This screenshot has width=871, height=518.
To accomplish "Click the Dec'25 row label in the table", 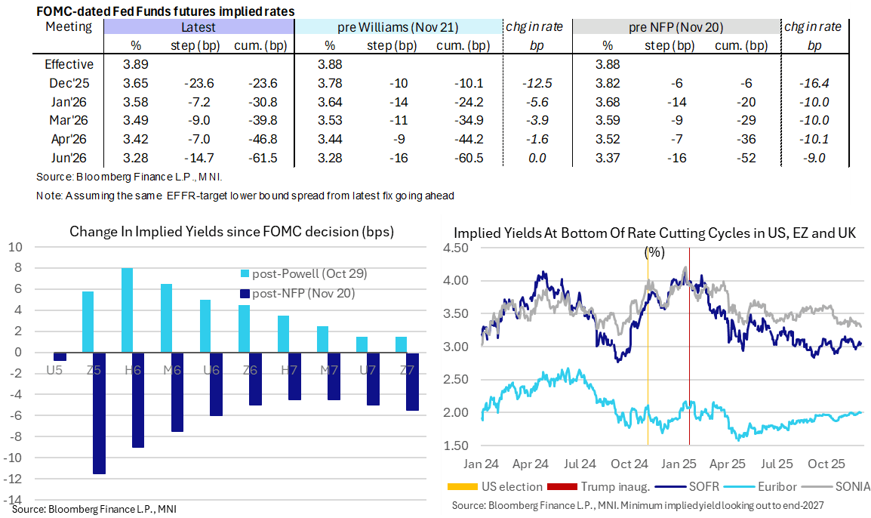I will (x=69, y=84).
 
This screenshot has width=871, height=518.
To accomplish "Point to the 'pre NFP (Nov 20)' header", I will (x=676, y=27).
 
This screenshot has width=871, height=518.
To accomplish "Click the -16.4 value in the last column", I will (x=815, y=84).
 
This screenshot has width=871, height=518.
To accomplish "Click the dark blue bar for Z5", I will (x=99, y=413).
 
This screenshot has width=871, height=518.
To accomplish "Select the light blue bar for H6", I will (x=128, y=310).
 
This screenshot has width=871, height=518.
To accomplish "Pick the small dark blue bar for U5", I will (x=60, y=356).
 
